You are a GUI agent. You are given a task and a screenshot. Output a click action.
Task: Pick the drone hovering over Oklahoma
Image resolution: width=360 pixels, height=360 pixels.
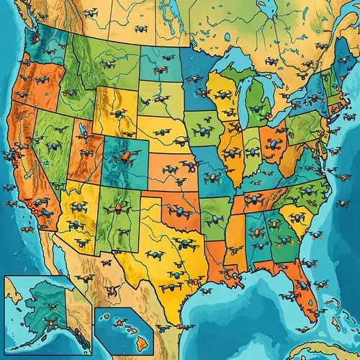coord(178,213)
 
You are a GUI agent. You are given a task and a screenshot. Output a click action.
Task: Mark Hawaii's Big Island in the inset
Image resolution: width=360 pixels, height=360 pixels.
coord(143,338)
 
